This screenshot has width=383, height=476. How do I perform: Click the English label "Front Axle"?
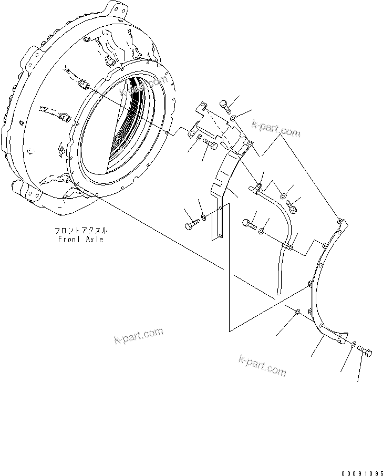(x=80, y=240)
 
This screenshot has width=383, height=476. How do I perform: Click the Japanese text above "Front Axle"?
(x=80, y=231)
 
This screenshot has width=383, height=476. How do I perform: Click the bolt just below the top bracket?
(x=210, y=143)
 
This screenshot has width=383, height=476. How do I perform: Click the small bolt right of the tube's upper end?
(x=293, y=208)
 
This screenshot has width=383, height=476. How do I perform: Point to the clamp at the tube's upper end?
(x=258, y=186)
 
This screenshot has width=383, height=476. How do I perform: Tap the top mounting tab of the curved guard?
(x=340, y=221)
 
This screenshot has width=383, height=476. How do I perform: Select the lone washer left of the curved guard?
(x=297, y=313)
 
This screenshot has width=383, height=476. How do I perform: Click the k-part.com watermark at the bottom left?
(x=138, y=336)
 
